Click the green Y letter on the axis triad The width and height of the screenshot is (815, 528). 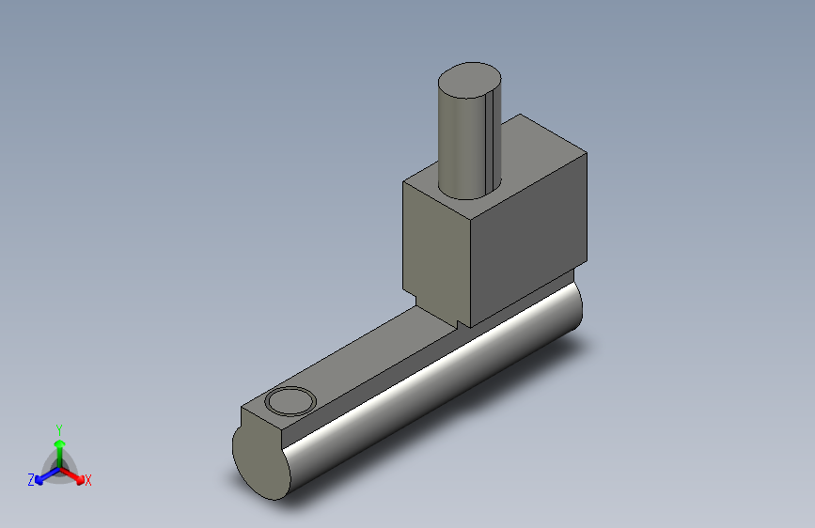[x=58, y=427]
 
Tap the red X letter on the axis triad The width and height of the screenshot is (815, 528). [x=88, y=480]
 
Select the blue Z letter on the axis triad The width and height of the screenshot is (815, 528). [x=31, y=479]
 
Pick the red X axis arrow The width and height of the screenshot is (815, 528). [x=74, y=474]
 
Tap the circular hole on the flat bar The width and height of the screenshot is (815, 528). [x=290, y=401]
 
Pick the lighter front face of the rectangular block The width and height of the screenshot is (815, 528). [x=437, y=244]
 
